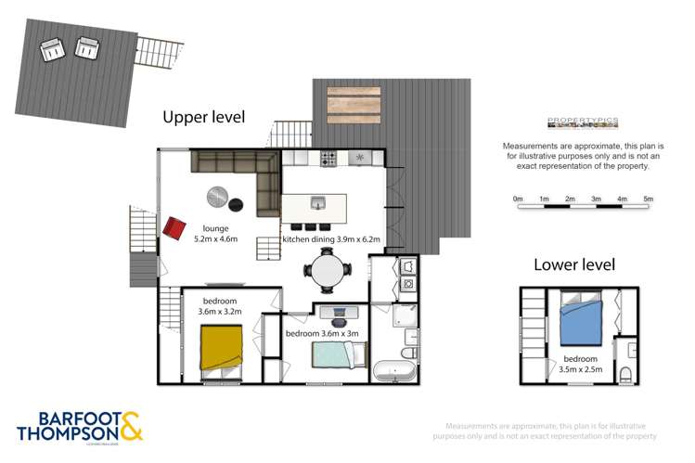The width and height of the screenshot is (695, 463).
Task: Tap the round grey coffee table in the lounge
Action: (218, 196)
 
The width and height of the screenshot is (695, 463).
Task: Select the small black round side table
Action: (238, 204)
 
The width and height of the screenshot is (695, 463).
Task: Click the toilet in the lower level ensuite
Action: (625, 375)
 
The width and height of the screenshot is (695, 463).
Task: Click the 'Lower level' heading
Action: (574, 264)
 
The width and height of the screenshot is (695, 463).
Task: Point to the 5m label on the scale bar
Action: (648, 199)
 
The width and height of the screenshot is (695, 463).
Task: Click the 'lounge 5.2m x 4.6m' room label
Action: (215, 233)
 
